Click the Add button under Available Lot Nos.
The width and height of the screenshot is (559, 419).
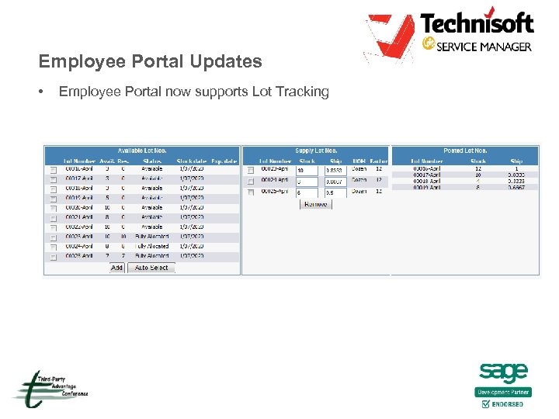coord(116,267)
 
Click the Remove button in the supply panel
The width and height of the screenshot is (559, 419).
coord(314,204)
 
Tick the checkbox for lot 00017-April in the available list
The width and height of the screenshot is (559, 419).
coord(54,179)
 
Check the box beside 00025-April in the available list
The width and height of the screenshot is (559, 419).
coord(54,256)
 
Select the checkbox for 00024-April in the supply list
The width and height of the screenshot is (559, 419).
coord(251,181)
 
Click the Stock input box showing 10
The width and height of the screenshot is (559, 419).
coord(307,170)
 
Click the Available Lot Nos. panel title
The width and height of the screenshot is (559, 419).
coord(141,151)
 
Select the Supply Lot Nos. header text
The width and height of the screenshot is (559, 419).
coord(316,151)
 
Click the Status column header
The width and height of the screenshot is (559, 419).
coord(151,160)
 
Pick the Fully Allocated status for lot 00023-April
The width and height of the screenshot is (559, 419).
coord(151,237)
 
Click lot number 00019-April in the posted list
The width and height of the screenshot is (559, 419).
coord(427,187)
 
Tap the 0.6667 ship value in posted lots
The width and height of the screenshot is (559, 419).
coord(516,187)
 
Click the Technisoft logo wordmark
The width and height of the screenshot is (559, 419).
coord(477,23)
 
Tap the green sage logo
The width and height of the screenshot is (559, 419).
coord(503,373)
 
